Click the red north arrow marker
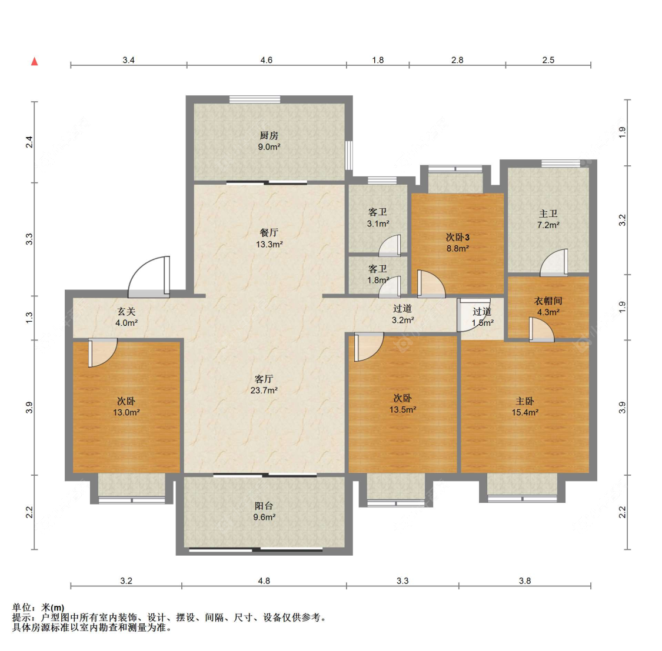pyautogui.click(x=35, y=62)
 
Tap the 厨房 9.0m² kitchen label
pyautogui.click(x=269, y=141)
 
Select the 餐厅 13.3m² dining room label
pyautogui.click(x=269, y=238)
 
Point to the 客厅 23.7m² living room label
pyautogui.click(x=264, y=385)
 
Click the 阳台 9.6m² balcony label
pyautogui.click(x=264, y=512)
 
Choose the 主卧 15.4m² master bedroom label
pyautogui.click(x=525, y=407)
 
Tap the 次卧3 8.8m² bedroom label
pyautogui.click(x=458, y=243)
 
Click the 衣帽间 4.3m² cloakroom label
pyautogui.click(x=548, y=306)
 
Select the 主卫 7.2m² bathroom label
pyautogui.click(x=548, y=219)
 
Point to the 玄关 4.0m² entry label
pyautogui.click(x=127, y=318)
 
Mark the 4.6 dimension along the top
pyautogui.click(x=267, y=60)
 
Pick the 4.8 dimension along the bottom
pyautogui.click(x=264, y=581)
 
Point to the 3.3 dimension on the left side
pyautogui.click(x=29, y=239)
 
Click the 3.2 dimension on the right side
pyautogui.click(x=623, y=221)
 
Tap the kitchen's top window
pyautogui.click(x=255, y=99)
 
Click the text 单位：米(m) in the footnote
pyautogui.click(x=38, y=607)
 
